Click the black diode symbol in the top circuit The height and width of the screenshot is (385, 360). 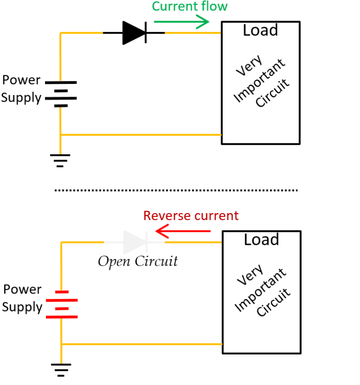coord(134,33)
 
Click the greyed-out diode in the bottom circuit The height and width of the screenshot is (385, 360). coord(135,242)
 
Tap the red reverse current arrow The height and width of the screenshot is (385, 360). coord(183,231)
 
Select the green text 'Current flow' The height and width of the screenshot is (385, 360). coord(189,7)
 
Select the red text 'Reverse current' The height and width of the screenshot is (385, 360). coord(191,216)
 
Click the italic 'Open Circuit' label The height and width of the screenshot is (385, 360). coord(138,261)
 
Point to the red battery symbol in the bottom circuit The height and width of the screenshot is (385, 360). coord(61,304)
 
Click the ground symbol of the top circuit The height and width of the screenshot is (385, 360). coord(60,160)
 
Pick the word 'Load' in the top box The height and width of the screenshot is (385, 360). coord(260,31)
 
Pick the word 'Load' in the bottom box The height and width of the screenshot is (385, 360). coord(261,240)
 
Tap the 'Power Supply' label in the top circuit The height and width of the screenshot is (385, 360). coord(22,89)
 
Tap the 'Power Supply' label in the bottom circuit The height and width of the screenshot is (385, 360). coord(22,298)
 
